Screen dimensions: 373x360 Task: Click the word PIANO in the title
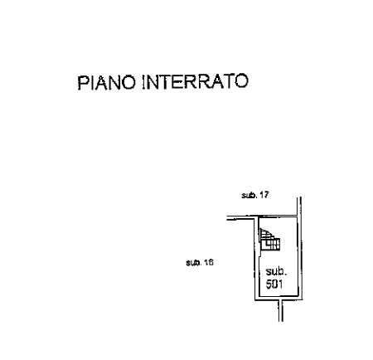tap(107, 82)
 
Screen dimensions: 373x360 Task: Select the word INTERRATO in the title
tap(195, 81)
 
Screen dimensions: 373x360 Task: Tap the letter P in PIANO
tap(82, 83)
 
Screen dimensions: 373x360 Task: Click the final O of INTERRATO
tap(241, 81)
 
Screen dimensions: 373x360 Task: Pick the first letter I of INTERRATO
tap(143, 82)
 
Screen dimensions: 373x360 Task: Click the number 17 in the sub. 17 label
tap(264, 195)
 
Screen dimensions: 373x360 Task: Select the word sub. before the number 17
tap(249, 195)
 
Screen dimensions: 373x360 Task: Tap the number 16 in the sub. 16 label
tap(209, 262)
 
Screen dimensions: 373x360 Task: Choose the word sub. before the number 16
tap(194, 262)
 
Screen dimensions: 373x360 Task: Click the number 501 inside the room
tap(274, 285)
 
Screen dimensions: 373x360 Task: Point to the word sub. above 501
tap(276, 271)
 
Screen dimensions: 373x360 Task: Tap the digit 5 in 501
tap(269, 285)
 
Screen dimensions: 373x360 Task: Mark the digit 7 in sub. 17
tap(266, 195)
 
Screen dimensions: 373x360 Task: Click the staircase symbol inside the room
tap(269, 240)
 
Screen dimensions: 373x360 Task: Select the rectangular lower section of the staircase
tap(271, 245)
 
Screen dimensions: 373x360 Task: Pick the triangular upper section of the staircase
tap(264, 234)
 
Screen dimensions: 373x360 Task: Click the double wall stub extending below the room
tap(281, 310)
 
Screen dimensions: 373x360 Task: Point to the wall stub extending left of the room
tap(240, 218)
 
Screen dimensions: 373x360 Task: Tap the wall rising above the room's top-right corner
tap(299, 207)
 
